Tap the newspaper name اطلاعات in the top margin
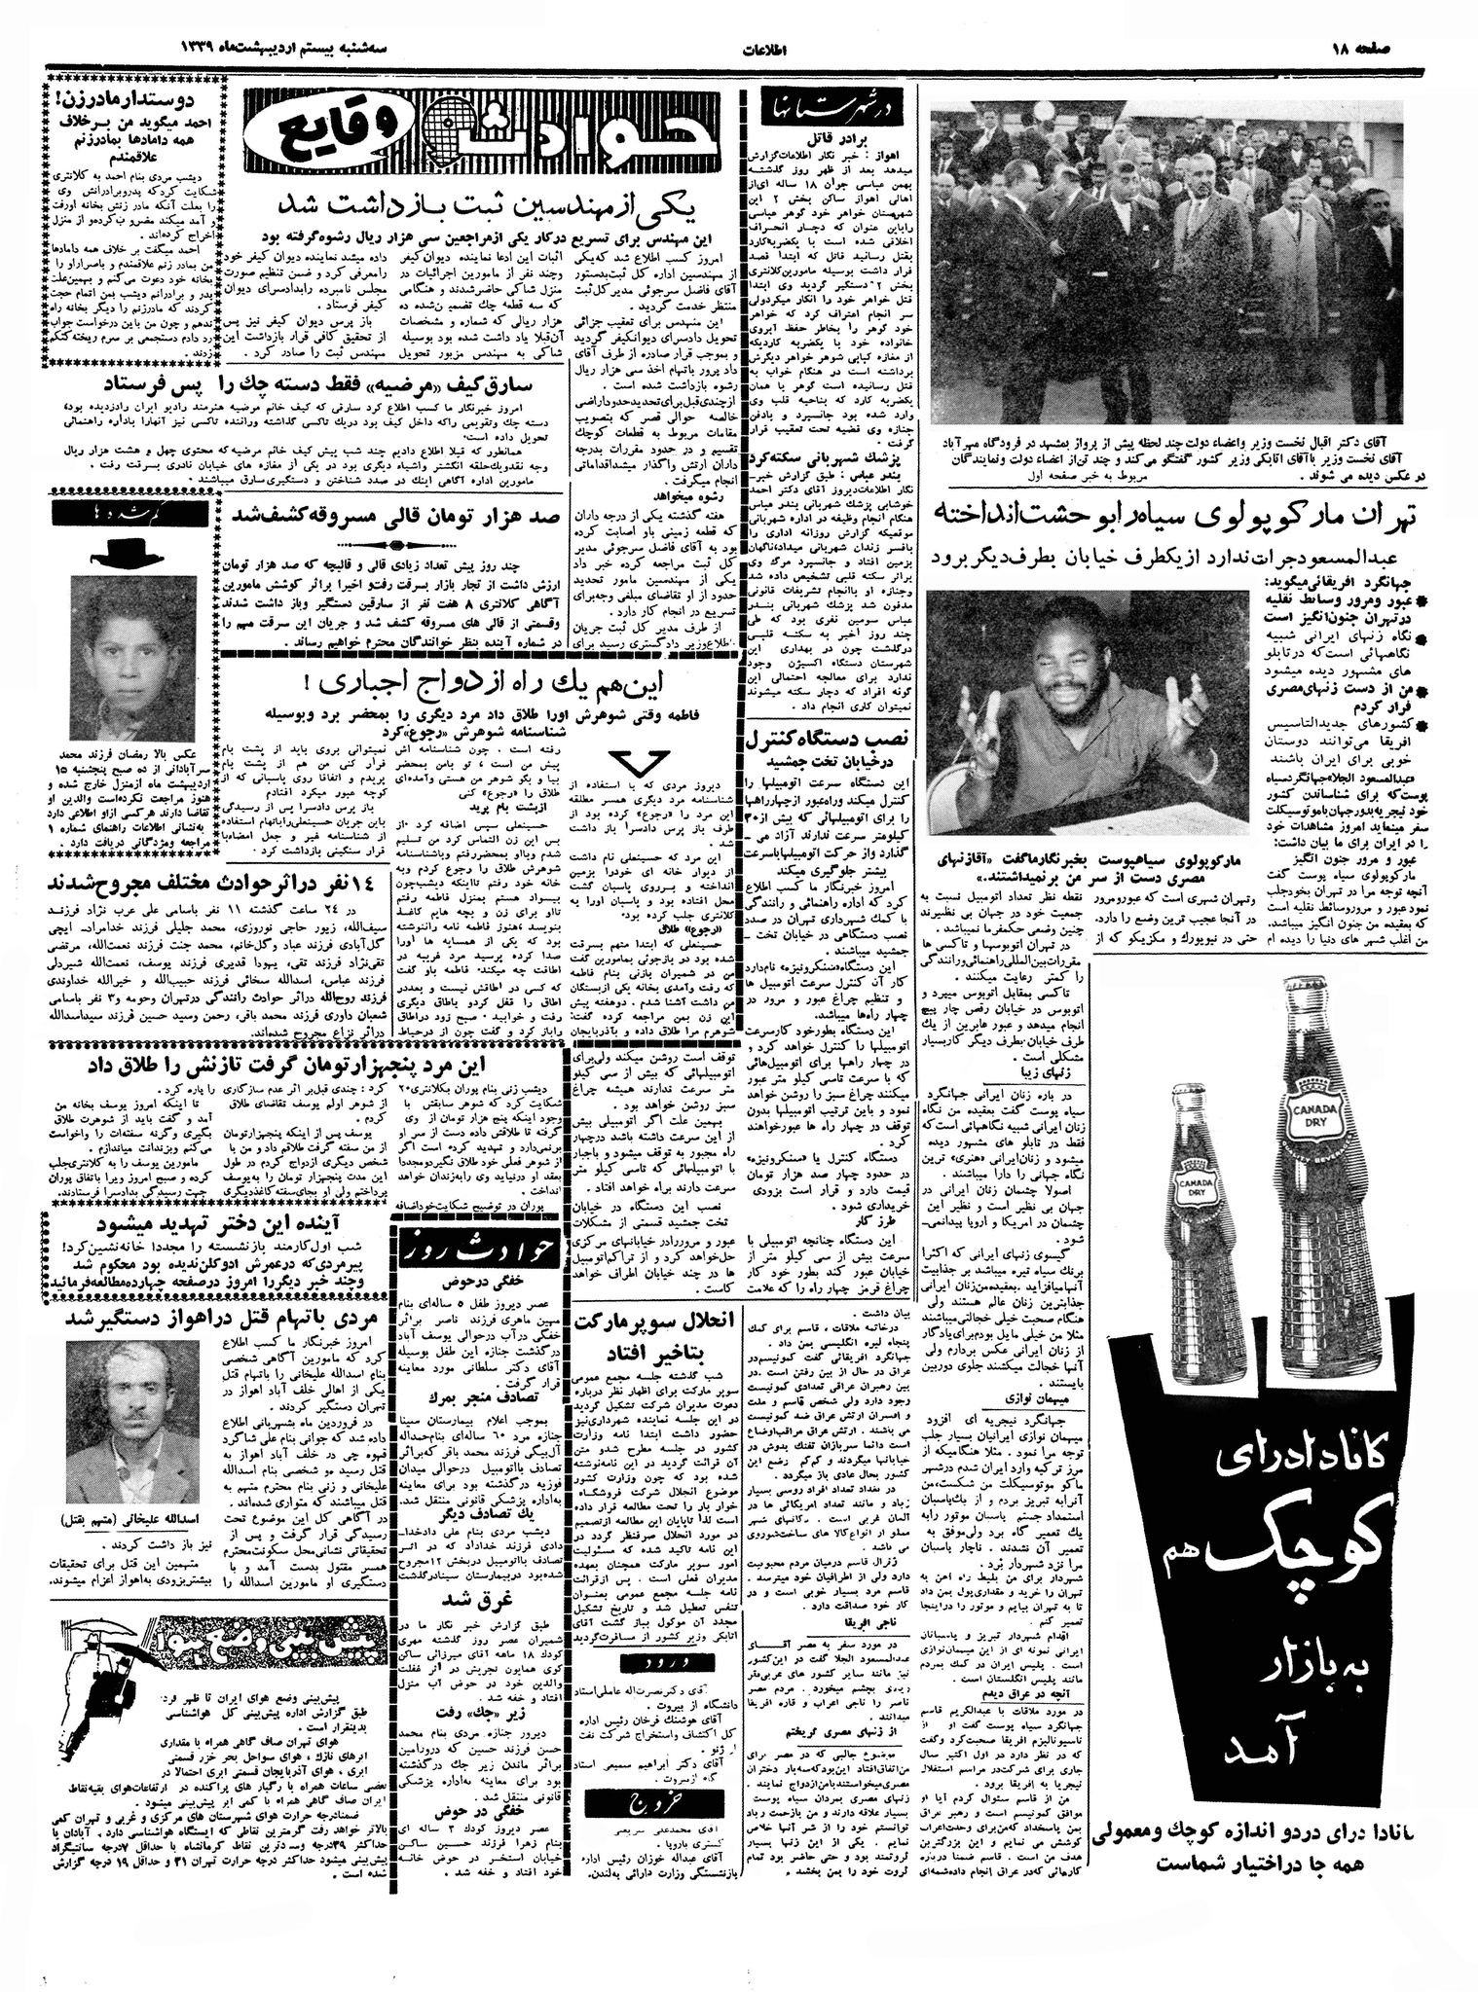[740, 48]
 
